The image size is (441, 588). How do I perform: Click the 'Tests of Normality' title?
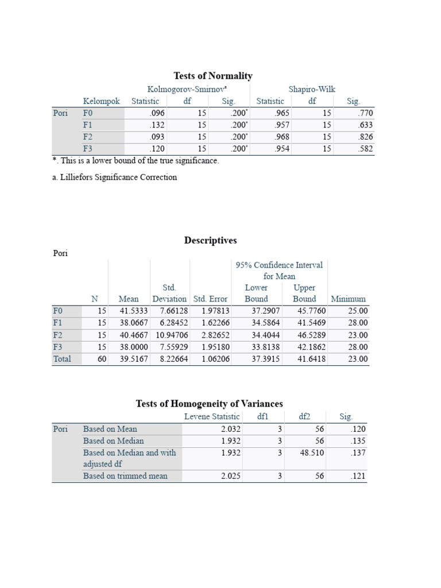[213, 76]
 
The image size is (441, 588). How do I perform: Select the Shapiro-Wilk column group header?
[312, 89]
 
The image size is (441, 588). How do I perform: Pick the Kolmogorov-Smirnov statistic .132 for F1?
[157, 125]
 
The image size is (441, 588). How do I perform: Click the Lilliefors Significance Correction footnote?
[114, 177]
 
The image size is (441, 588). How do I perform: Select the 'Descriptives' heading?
[210, 241]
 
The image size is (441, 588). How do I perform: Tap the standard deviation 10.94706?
[170, 335]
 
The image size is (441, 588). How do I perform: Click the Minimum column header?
[348, 299]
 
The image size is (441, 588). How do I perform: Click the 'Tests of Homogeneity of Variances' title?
[209, 404]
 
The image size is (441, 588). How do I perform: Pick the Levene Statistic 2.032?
[231, 429]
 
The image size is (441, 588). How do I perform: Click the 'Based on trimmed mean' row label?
[125, 476]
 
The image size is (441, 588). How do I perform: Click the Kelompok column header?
[102, 101]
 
